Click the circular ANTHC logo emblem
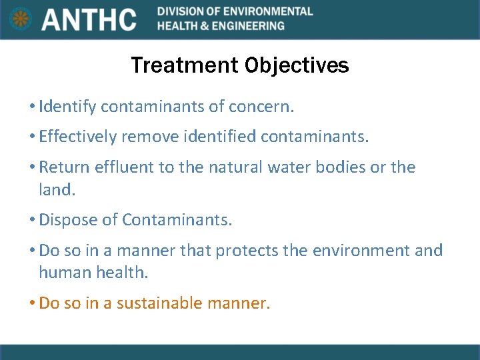pyautogui.click(x=21, y=19)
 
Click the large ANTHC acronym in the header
pyautogui.click(x=89, y=19)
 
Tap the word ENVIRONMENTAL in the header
pyautogui.click(x=273, y=11)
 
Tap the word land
pyautogui.click(x=56, y=189)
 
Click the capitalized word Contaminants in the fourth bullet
pyautogui.click(x=176, y=220)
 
